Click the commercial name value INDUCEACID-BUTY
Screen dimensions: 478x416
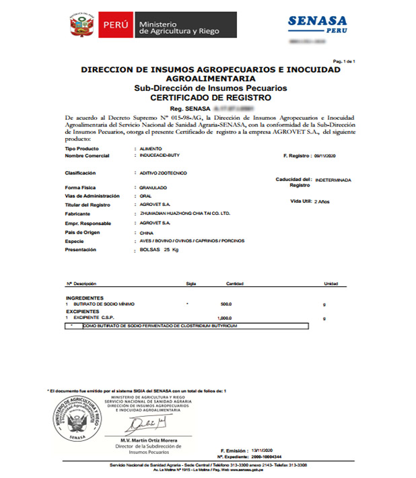pyautogui.click(x=156, y=156)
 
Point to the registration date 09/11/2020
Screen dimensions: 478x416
pyautogui.click(x=328, y=156)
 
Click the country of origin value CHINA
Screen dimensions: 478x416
pyautogui.click(x=144, y=232)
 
